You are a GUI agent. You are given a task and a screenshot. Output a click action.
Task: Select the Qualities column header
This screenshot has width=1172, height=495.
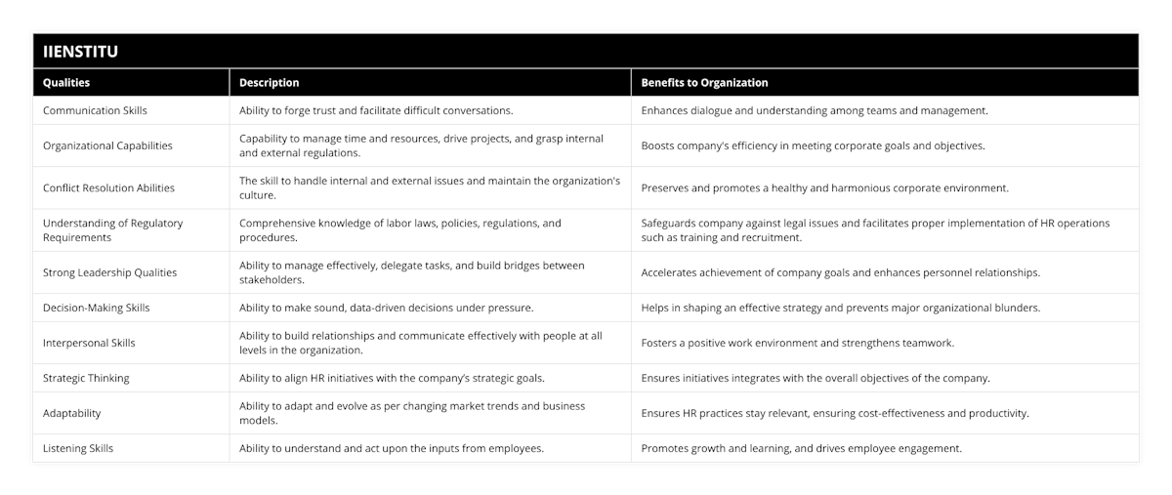pyautogui.click(x=66, y=83)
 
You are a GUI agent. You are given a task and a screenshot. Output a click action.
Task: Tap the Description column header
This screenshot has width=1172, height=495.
pyautogui.click(x=270, y=83)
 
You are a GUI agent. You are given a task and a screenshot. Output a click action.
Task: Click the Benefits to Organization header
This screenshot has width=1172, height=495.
pyautogui.click(x=704, y=83)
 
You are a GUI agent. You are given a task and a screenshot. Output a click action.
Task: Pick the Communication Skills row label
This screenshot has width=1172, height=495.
pyautogui.click(x=96, y=110)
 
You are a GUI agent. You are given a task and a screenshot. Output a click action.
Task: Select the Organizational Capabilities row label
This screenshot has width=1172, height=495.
pyautogui.click(x=107, y=145)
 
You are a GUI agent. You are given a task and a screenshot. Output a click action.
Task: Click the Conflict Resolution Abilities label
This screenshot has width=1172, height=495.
pyautogui.click(x=109, y=187)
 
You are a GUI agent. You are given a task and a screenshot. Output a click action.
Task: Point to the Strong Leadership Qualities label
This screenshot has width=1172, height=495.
pyautogui.click(x=109, y=272)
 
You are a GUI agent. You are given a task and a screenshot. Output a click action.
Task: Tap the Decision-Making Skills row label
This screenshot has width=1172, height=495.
pyautogui.click(x=97, y=308)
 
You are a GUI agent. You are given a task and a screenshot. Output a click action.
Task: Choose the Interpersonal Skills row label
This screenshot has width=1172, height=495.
pyautogui.click(x=89, y=343)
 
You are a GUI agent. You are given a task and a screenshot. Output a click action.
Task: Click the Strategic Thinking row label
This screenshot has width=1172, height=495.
pyautogui.click(x=86, y=378)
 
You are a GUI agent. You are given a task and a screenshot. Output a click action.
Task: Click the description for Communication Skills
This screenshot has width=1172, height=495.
pyautogui.click(x=376, y=110)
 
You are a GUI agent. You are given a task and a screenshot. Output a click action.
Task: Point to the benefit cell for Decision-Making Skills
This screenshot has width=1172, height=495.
pyautogui.click(x=840, y=308)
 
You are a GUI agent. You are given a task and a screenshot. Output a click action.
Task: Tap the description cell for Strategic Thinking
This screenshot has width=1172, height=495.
pyautogui.click(x=392, y=378)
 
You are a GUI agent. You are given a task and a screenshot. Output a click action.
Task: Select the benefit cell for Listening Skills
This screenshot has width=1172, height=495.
pyautogui.click(x=801, y=448)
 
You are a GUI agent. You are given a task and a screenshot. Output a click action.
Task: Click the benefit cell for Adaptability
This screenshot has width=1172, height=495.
pyautogui.click(x=835, y=413)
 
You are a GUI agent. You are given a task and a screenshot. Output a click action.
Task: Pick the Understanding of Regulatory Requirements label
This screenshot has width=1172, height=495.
pyautogui.click(x=112, y=229)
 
